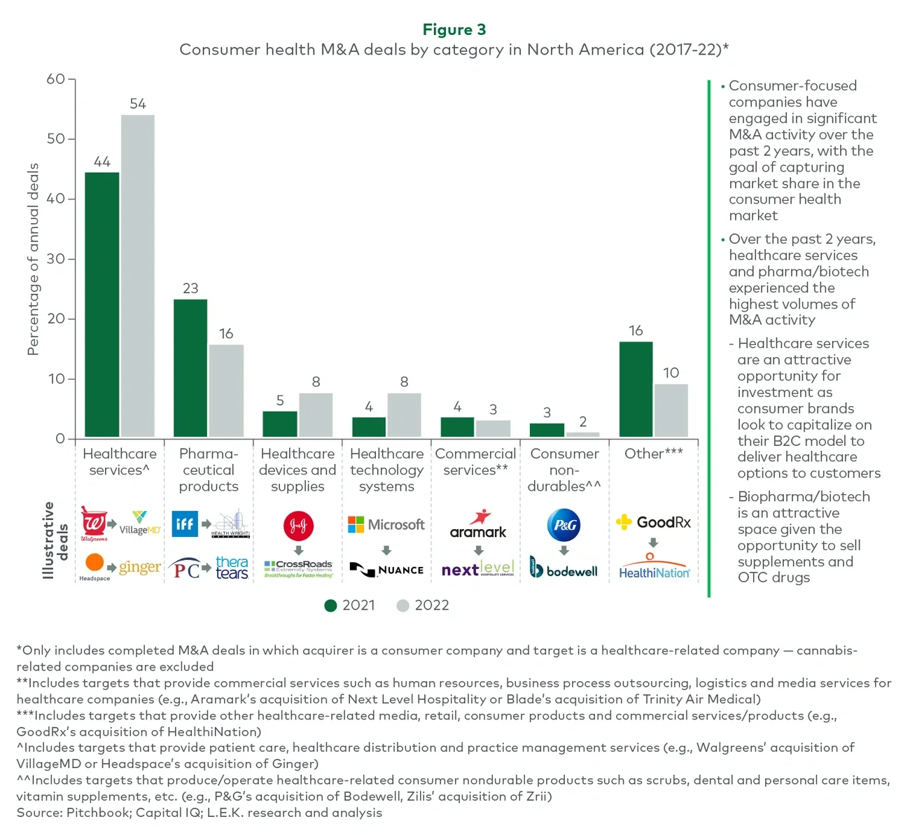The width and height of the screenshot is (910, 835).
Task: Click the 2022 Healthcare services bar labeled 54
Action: pos(138,276)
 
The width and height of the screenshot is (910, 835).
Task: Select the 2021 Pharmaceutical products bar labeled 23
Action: pos(190,368)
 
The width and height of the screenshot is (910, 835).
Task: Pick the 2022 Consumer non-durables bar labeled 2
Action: pos(582,435)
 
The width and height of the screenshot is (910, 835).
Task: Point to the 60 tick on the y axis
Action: pos(56,79)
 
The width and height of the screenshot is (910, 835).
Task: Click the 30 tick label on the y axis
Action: pos(56,259)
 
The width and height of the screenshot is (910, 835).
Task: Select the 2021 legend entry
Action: pos(350,605)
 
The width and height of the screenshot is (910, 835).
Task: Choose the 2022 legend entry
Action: pos(423,605)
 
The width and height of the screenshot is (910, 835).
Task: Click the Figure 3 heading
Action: pos(454,29)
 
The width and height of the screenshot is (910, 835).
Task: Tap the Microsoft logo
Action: pos(386,525)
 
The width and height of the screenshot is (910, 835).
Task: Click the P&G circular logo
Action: pos(564,525)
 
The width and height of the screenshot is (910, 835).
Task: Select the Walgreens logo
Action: pos(94,524)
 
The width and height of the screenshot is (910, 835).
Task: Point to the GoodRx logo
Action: pos(653,522)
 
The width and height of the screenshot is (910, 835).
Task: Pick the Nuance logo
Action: pos(386,570)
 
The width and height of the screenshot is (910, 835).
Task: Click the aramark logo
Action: pos(478,525)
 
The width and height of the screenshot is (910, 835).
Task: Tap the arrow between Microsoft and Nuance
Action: pos(386,550)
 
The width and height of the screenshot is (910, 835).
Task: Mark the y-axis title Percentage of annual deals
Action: pos(33,259)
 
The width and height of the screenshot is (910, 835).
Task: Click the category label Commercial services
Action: pos(475,462)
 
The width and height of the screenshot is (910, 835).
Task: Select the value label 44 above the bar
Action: pos(102,162)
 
